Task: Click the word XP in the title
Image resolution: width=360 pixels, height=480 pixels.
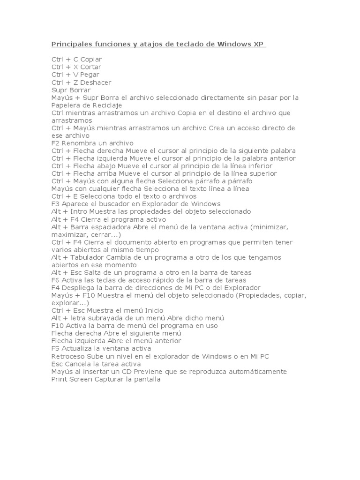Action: click(x=259, y=45)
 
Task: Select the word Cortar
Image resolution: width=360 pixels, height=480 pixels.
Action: click(x=90, y=67)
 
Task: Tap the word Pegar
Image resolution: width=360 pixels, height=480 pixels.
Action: click(x=90, y=75)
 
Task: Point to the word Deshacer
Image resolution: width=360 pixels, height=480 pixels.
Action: click(x=96, y=82)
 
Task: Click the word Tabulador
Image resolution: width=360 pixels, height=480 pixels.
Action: click(x=86, y=257)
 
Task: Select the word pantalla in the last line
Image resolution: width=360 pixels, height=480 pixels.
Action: click(x=147, y=379)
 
